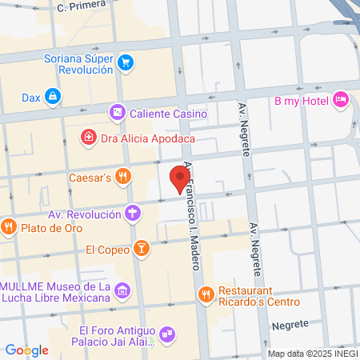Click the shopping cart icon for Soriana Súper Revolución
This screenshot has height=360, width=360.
click(x=126, y=62)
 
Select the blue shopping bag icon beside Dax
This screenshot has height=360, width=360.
click(x=53, y=97)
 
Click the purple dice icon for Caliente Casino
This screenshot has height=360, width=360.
click(x=118, y=113)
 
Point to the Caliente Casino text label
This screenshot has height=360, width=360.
click(x=169, y=114)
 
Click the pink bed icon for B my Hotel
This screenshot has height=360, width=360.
click(x=340, y=99)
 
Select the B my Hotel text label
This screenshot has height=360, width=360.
click(x=302, y=100)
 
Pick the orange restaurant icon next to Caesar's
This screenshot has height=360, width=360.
click(x=122, y=176)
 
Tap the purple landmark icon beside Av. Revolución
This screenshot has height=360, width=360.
click(x=133, y=214)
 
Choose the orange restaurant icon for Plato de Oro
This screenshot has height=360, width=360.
click(x=9, y=227)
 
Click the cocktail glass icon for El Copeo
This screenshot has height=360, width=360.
click(x=141, y=249)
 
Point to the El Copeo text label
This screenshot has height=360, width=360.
click(x=108, y=249)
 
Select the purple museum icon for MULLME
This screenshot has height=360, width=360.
click(x=121, y=290)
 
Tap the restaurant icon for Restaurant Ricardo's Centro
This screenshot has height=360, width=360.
click(x=206, y=294)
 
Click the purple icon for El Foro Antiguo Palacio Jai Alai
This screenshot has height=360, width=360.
click(x=166, y=332)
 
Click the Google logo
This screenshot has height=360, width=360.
click(x=26, y=350)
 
